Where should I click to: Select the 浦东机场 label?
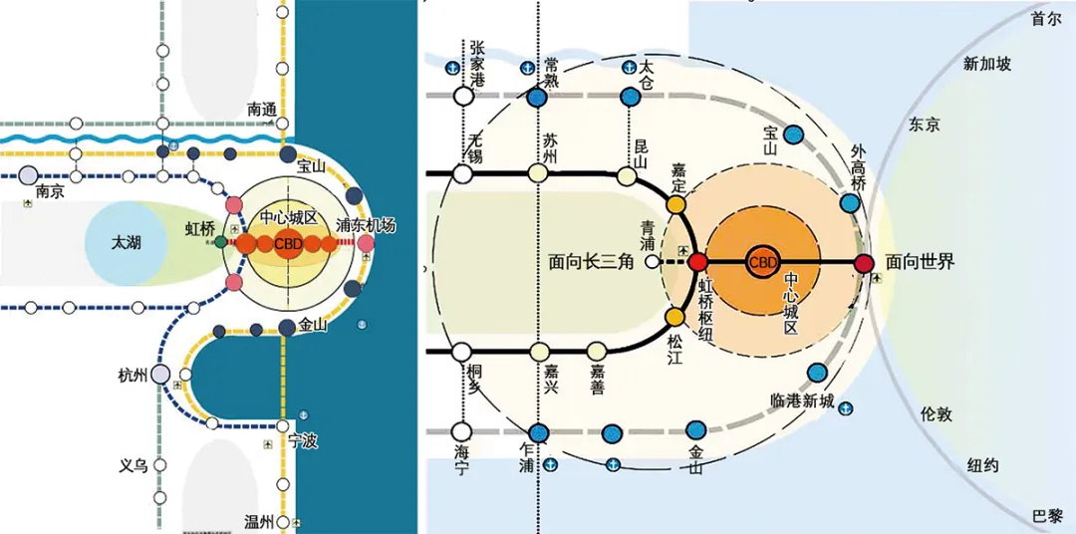[366, 225]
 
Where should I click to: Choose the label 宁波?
[302, 440]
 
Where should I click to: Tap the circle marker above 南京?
[27, 175]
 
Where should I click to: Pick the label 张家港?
[476, 64]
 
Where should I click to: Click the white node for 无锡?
[462, 174]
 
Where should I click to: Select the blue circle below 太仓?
[630, 98]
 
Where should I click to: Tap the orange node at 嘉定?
[676, 205]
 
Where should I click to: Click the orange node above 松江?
[675, 318]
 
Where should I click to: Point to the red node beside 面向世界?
[864, 262]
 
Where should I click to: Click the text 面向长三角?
[592, 262]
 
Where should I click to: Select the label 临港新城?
[801, 400]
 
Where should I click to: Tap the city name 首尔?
[1046, 19]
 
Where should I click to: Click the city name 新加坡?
[986, 64]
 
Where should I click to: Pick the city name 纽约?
[982, 465]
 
